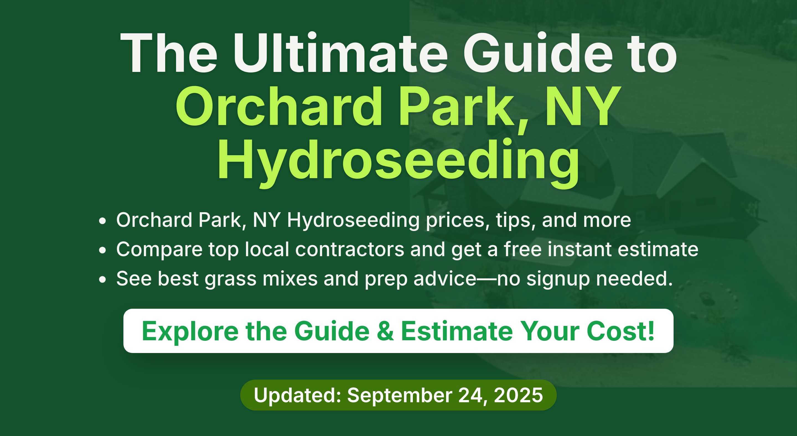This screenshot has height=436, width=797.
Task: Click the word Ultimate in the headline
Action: [x=340, y=53]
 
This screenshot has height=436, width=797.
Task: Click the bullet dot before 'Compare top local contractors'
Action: [x=102, y=250]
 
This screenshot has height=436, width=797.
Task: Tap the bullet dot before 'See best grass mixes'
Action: [x=102, y=279]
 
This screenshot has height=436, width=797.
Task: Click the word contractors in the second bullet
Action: [x=350, y=249]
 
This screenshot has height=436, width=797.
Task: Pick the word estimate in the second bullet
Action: [x=658, y=249]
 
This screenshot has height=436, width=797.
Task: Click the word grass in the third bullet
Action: [x=231, y=279]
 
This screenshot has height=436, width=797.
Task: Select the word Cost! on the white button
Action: [x=620, y=331]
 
